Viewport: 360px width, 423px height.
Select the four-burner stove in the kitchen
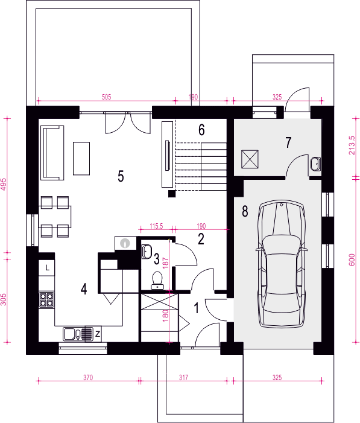click(46, 300)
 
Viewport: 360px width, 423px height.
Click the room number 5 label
click(121, 176)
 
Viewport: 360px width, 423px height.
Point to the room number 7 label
click(288, 142)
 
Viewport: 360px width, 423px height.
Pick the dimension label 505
click(107, 97)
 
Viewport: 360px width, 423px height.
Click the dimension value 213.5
click(352, 145)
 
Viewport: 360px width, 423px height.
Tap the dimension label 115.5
click(156, 226)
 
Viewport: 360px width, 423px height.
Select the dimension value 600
click(352, 260)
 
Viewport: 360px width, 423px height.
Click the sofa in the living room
click(52, 153)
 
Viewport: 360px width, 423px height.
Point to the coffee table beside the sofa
click(81, 159)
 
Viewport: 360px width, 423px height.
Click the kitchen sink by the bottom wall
click(72, 334)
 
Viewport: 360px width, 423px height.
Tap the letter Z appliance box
click(97, 334)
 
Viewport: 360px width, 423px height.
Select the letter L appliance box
click(47, 268)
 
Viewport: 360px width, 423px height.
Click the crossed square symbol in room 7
click(250, 159)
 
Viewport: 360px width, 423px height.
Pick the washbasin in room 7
click(315, 164)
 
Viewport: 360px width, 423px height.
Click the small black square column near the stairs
click(172, 194)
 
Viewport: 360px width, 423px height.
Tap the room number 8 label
click(245, 211)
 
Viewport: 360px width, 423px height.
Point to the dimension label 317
click(183, 377)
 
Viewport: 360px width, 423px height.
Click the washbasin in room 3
click(147, 252)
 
